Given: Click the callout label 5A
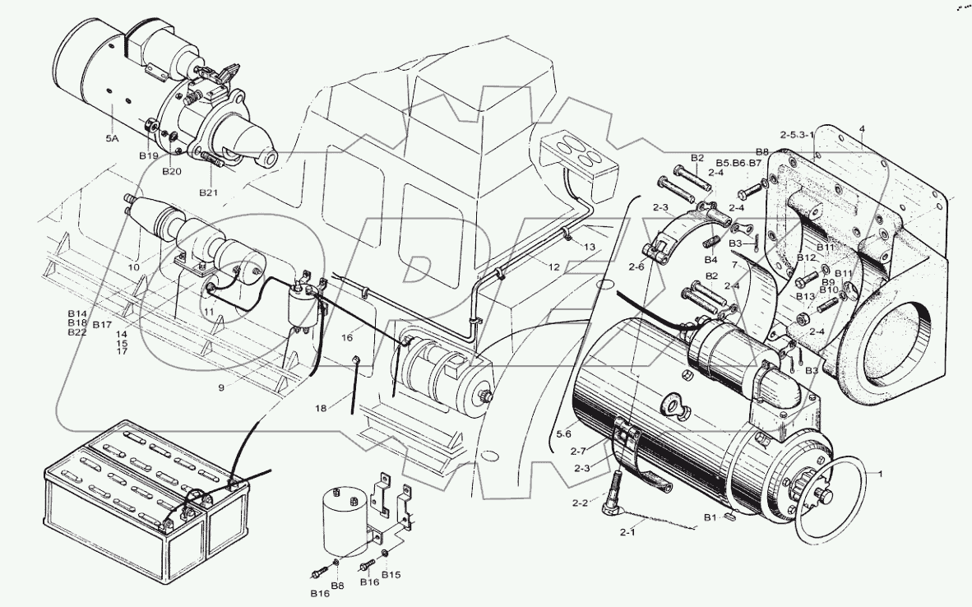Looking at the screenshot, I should (x=112, y=140).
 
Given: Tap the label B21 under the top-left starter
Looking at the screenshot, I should (x=210, y=192).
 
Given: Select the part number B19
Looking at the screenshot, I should (x=148, y=155).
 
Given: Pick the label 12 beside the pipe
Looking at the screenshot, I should (x=553, y=267).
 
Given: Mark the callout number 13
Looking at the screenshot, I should (x=590, y=247).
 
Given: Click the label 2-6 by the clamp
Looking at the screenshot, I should (x=636, y=265).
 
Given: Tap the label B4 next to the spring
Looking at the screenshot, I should (x=710, y=261).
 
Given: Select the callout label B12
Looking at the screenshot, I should (x=806, y=258).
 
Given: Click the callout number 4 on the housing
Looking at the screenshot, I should (x=861, y=128).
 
